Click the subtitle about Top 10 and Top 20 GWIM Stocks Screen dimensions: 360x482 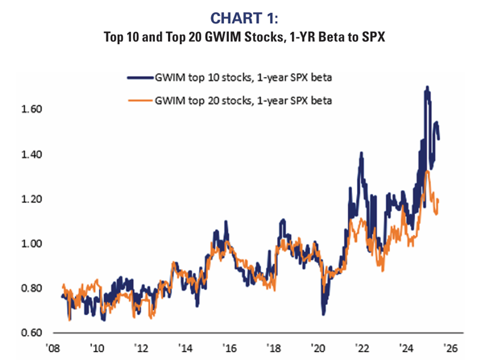tap(241, 37)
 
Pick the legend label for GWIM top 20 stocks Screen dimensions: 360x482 tap(244, 101)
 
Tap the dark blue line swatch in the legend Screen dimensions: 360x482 tap(140, 78)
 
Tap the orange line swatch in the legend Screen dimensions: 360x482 tap(140, 101)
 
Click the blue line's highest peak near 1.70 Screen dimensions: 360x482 tap(427, 88)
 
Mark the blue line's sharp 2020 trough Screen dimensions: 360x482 tap(324, 313)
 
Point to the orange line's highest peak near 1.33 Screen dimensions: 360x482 tap(427, 171)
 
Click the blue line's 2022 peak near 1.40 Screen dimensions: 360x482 tap(361, 153)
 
